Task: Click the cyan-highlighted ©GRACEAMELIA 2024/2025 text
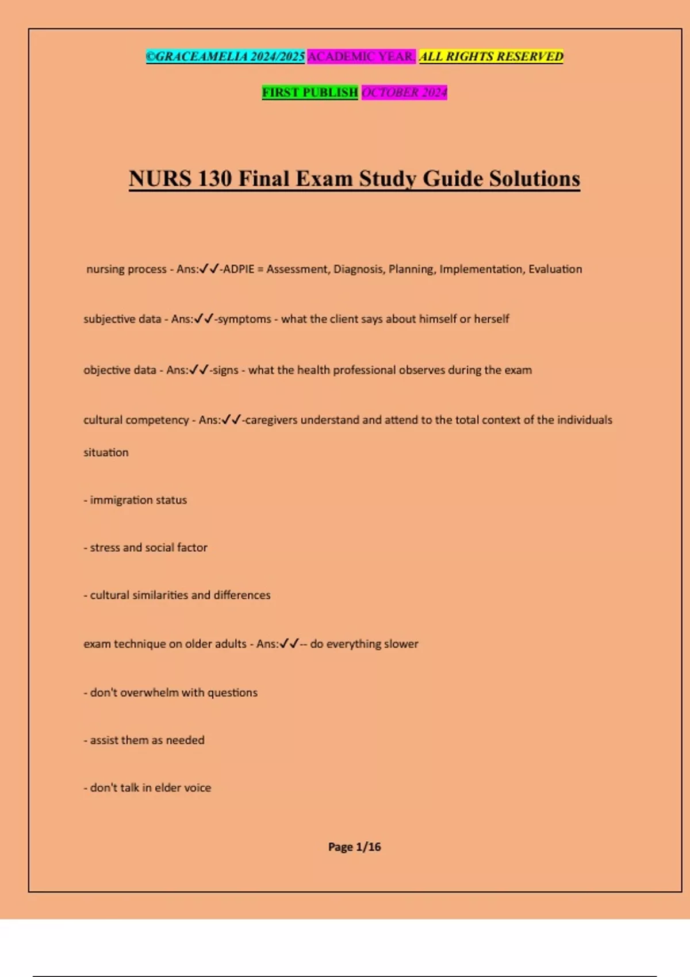(x=225, y=57)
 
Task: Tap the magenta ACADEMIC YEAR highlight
(x=361, y=57)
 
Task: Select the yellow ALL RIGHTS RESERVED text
(x=491, y=57)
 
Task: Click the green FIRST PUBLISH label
(x=310, y=93)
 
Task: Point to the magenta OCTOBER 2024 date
(x=404, y=93)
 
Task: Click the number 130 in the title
(x=214, y=179)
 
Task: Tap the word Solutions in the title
(x=534, y=179)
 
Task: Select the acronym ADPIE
(x=239, y=269)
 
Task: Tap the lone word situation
(x=106, y=452)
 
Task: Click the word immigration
(x=121, y=500)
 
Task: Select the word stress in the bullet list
(x=105, y=548)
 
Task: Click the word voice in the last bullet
(x=197, y=788)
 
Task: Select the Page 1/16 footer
(x=354, y=847)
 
